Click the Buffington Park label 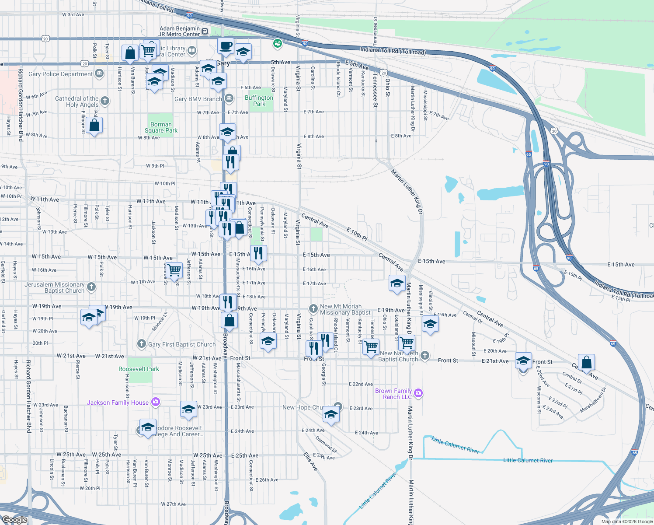coord(259,101)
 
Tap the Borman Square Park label coord(161,127)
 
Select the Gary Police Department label coord(60,74)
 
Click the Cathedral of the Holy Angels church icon coord(105,101)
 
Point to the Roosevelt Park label coord(139,369)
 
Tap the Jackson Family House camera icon coord(156,402)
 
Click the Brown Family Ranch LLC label coord(393,394)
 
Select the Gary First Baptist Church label coord(182,344)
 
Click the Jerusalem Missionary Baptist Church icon coord(91,287)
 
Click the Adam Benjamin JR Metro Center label coord(179,31)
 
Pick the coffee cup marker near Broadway coord(226,45)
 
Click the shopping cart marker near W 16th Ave coord(174,270)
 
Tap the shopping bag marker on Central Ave coord(586,362)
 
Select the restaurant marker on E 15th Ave coord(258,253)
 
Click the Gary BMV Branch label coord(198,99)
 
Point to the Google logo coord(14,519)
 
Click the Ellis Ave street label coord(310,462)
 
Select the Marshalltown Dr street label coord(593,400)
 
